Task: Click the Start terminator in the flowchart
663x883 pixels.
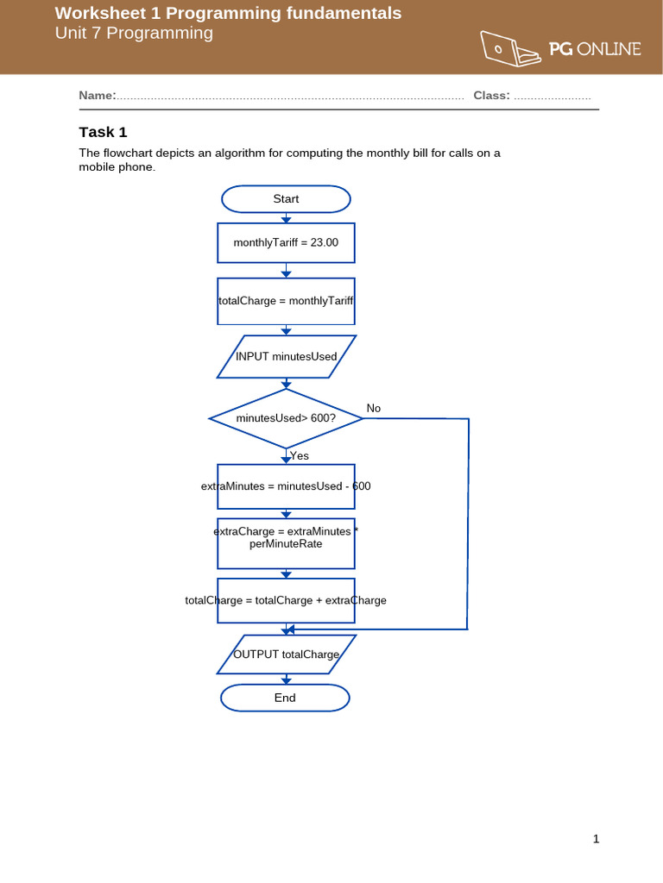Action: coord(286,199)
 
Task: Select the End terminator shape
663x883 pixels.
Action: coord(285,698)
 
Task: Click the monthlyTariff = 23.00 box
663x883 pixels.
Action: coord(286,243)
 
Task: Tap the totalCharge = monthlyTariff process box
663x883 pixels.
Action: coord(286,301)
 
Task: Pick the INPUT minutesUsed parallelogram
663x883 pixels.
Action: coord(286,357)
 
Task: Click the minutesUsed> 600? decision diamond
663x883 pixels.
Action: coord(286,418)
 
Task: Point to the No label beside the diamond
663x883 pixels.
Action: coord(373,408)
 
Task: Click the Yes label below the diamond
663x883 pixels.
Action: coord(300,455)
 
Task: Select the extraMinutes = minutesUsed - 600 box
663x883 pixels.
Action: coord(286,486)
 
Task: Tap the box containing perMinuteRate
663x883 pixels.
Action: coord(286,543)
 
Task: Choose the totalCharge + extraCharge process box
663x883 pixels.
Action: coord(286,600)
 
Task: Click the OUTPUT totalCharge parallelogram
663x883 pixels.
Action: coord(286,654)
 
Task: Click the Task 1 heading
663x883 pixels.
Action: coord(103,132)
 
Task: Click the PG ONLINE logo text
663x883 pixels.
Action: coord(595,49)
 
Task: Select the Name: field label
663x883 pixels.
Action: coord(97,96)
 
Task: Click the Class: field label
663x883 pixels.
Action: coord(491,96)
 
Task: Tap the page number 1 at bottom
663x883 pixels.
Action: coord(596,839)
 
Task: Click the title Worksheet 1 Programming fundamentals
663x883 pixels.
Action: coord(228,13)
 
